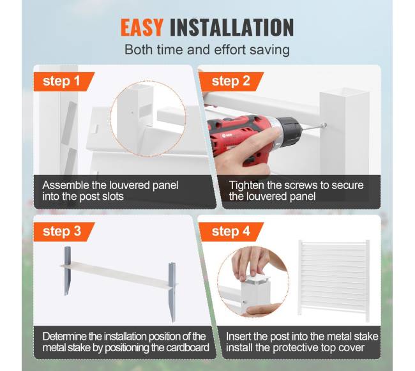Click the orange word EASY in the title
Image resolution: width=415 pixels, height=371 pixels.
(142, 27)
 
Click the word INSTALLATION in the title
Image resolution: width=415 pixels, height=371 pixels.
(232, 27)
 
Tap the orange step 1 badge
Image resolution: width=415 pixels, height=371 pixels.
(64, 82)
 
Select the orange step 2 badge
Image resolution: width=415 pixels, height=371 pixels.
(231, 82)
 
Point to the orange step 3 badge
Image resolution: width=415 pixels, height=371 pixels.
(64, 232)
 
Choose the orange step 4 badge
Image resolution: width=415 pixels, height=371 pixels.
(231, 232)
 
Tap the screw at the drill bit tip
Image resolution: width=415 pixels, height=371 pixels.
(324, 125)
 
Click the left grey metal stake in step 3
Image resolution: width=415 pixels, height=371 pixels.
(67, 271)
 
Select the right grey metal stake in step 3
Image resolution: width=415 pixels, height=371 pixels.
(172, 292)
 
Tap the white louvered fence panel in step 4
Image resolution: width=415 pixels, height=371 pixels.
(334, 280)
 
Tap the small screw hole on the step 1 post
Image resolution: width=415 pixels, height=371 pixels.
(132, 112)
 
